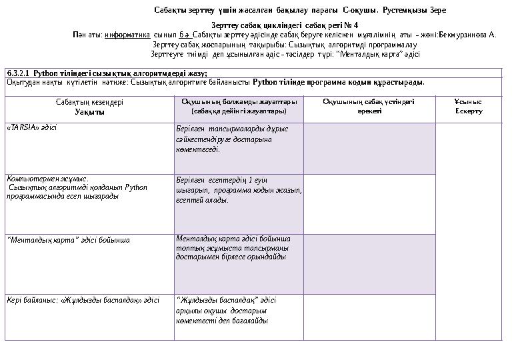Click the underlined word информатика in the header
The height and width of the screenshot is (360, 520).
coord(127,34)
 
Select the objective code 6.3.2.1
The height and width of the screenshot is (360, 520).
coord(18,73)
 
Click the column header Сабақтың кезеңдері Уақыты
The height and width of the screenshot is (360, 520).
coord(89,107)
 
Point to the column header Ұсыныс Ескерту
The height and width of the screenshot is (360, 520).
coord(468,106)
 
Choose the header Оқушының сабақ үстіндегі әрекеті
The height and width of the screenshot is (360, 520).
coord(369,106)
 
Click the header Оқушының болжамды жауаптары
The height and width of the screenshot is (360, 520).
coord(239,106)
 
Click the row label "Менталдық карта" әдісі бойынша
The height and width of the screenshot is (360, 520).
coord(68,239)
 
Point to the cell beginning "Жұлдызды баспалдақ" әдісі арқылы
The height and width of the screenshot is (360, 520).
coord(225,310)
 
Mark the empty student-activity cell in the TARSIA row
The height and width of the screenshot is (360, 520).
coord(369,148)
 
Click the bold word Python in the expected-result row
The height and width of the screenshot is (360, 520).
coord(265,83)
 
